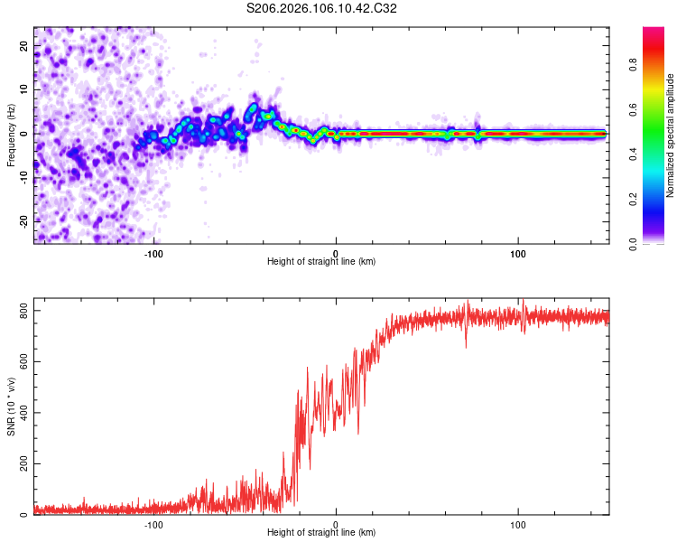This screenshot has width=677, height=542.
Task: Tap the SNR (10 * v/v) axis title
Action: [x=11, y=408]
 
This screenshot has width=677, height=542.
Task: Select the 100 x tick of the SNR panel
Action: [x=519, y=524]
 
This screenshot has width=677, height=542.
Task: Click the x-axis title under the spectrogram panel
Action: [x=321, y=262]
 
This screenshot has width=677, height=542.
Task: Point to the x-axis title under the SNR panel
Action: [x=321, y=534]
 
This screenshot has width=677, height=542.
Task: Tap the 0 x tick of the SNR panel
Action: [x=337, y=524]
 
